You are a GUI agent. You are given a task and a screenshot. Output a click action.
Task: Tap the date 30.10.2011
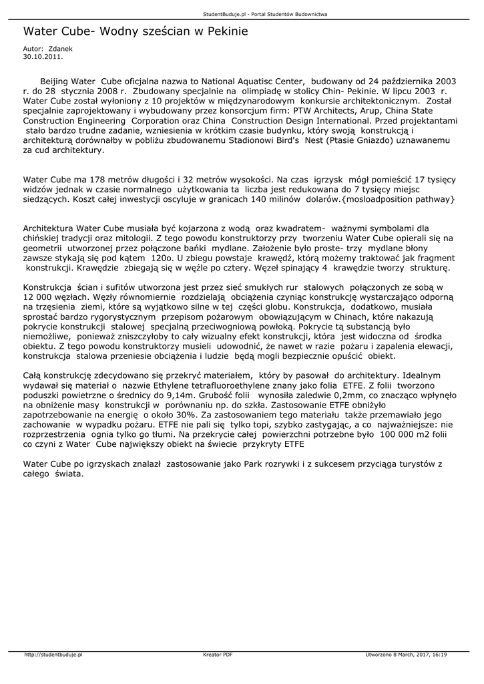click(43, 57)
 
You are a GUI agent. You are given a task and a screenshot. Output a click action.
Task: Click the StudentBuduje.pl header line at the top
click(242, 14)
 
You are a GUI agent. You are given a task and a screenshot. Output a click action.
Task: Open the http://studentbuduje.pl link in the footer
click(53, 655)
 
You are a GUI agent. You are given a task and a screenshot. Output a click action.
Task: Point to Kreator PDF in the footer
click(218, 655)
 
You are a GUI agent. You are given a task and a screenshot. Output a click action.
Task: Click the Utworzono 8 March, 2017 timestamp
click(406, 655)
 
